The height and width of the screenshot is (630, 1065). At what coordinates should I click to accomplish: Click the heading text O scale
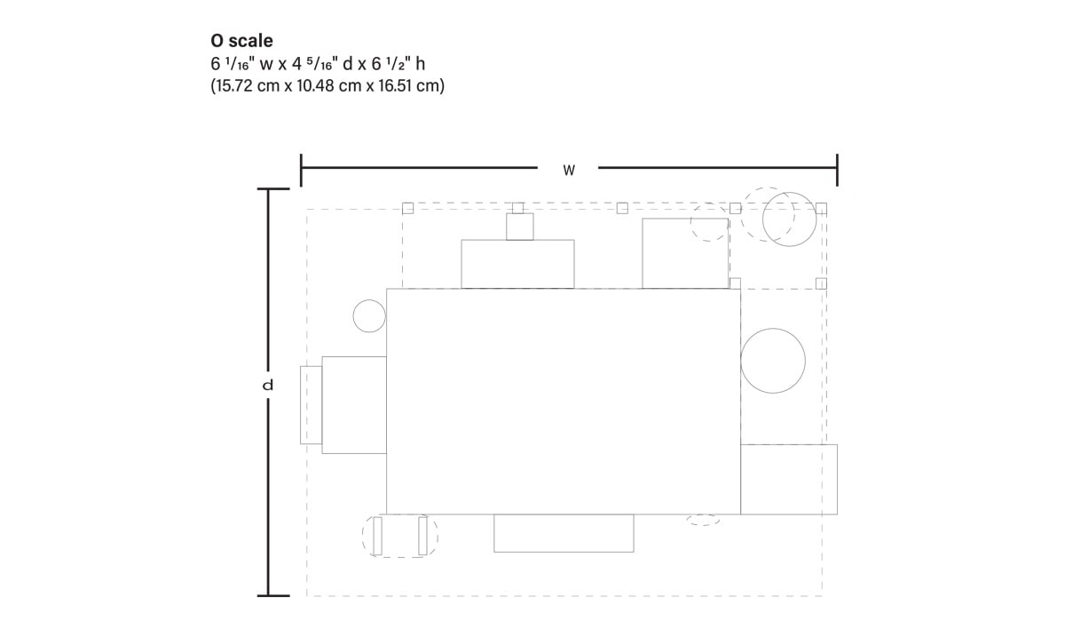241,41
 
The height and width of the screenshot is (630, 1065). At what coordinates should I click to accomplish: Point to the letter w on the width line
569,169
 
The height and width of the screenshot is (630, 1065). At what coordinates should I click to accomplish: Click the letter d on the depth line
268,386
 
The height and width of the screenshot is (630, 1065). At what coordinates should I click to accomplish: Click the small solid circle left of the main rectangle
369,316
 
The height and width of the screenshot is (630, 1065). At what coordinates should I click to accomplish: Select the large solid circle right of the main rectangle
773,361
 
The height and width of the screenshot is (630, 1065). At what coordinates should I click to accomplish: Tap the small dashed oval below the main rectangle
703,520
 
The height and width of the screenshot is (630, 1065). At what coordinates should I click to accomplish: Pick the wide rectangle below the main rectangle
564,533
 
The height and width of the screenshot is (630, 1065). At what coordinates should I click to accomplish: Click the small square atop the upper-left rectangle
519,227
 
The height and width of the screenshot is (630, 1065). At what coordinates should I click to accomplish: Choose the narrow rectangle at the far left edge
310,404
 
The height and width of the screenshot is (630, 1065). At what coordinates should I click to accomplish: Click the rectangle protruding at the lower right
789,479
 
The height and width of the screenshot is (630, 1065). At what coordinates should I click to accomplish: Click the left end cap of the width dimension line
302,169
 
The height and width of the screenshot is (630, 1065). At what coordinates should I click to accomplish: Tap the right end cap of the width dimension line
837,169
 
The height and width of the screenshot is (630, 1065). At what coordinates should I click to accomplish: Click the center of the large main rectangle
564,402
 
